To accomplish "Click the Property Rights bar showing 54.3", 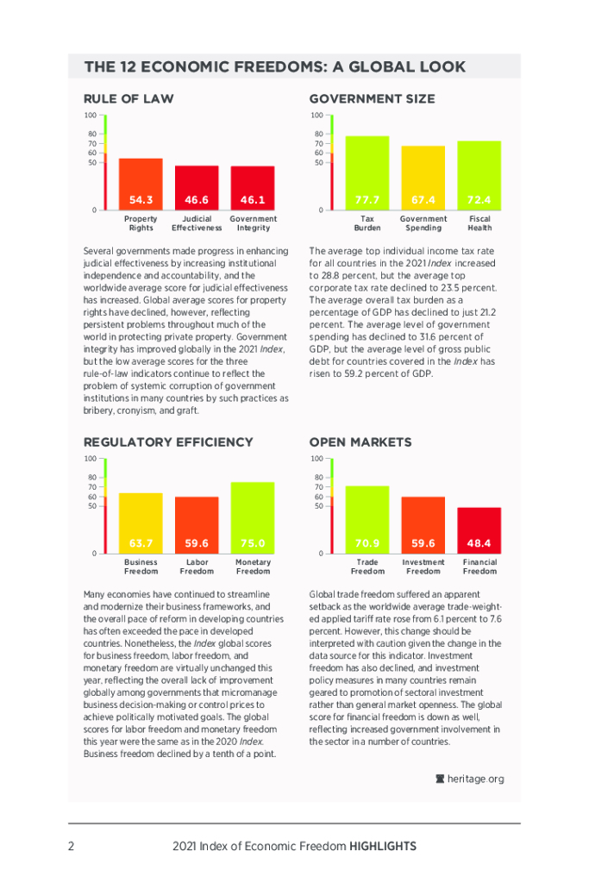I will click(141, 185).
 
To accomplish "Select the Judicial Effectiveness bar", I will click(197, 188).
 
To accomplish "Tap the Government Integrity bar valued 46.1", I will click(253, 188).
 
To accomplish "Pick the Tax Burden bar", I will click(367, 173).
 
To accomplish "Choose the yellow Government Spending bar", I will click(423, 178).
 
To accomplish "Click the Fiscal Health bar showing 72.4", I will click(479, 176).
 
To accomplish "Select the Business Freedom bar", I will click(141, 523).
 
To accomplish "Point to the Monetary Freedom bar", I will click(253, 517).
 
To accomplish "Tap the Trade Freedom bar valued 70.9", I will click(367, 520).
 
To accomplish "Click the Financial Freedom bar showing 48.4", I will click(479, 530).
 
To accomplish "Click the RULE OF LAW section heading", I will click(128, 99).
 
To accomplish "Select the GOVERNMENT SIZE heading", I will click(372, 99).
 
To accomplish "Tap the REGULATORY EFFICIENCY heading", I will click(168, 442).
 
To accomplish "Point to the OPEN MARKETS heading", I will click(360, 442).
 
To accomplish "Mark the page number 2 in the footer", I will click(72, 846).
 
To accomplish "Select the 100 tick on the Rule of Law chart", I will click(90, 116).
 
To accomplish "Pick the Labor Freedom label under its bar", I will click(197, 567).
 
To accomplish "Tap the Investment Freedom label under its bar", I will click(423, 567).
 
